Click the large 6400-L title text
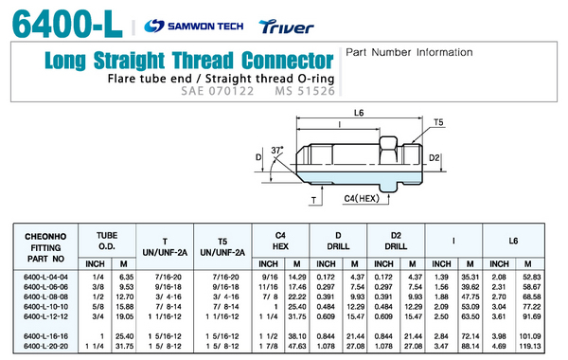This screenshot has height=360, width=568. coord(68,24)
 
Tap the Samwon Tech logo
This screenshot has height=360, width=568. coord(194,27)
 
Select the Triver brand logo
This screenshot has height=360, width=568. coord(286,27)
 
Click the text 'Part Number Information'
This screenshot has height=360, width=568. coord(409,52)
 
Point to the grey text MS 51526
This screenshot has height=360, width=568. coord(305,91)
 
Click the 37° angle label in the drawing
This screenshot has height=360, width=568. coord(277,150)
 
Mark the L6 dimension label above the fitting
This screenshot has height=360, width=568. coord(359,113)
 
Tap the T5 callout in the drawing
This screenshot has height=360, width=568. coord(438,122)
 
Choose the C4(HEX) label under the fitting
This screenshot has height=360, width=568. coord(362,198)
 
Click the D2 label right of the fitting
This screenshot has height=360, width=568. coord(434,157)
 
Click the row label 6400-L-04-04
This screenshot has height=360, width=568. coord(45,277)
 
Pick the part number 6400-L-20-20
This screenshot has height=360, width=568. coord(45,346)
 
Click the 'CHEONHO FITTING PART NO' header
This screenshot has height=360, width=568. coord(45,247)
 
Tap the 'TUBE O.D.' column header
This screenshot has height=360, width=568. coord(107,241)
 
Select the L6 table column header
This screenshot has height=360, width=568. coord(513,241)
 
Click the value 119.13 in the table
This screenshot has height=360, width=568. coord(530,346)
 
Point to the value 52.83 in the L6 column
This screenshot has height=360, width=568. coord(531,277)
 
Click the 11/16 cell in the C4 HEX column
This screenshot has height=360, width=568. coord(268,287)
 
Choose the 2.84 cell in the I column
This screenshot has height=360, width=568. coord(441,336)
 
